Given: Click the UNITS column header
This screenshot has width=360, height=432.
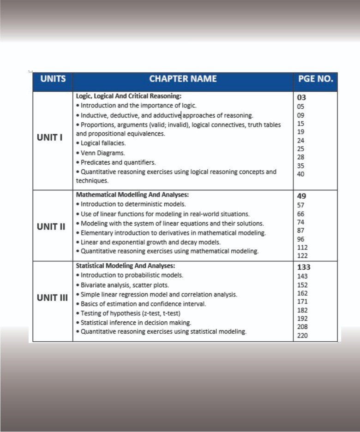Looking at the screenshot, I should [53, 79].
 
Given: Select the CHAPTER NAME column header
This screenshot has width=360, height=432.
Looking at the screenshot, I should [183, 79].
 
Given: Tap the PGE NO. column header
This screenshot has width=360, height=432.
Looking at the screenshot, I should [315, 79].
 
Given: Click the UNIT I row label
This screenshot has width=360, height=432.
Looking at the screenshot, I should [49, 137].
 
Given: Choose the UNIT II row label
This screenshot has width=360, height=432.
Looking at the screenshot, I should [51, 227].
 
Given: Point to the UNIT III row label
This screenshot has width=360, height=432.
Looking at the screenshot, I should [52, 297].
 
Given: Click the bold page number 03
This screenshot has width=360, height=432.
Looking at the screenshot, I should [301, 97].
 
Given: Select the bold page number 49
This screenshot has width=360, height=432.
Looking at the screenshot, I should [301, 196].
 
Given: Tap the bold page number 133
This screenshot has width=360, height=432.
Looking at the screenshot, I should [304, 267].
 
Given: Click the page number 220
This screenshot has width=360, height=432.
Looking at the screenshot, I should [303, 335].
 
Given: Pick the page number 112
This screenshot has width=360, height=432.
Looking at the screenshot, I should [303, 247].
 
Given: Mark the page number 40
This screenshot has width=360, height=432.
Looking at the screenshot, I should [301, 174].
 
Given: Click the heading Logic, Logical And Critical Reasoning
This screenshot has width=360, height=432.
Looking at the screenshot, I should [129, 96].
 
